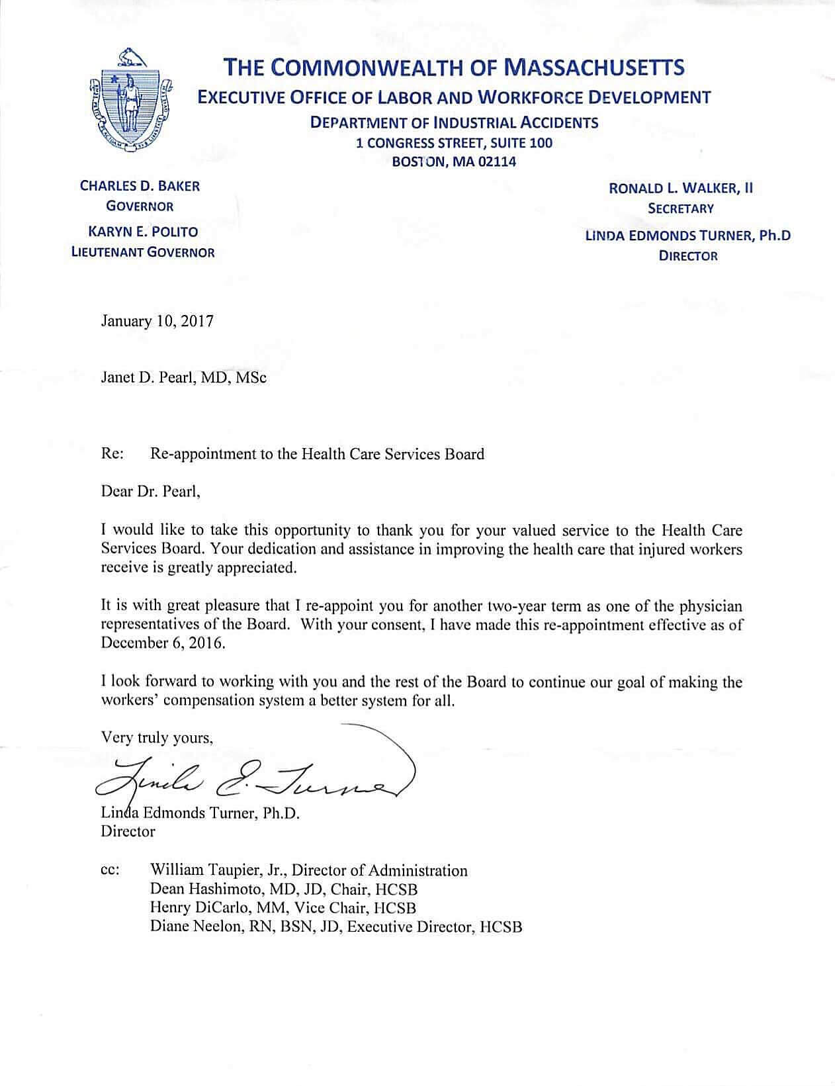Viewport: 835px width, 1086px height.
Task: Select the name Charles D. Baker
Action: tap(140, 186)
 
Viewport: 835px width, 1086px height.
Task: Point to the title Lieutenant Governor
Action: tap(143, 252)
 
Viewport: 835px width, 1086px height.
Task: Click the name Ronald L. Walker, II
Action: tap(681, 188)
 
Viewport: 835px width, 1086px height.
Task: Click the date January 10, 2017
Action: tap(157, 322)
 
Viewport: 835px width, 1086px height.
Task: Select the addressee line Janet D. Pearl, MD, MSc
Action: tap(184, 378)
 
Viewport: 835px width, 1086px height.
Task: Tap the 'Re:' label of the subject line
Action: tap(110, 454)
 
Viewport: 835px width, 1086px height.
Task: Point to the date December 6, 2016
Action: tap(163, 643)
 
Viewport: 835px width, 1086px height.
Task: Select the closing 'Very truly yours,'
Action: tap(157, 738)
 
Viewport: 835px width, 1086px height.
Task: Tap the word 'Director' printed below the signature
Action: tap(128, 831)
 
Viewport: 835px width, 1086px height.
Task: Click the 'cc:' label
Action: tap(109, 871)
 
